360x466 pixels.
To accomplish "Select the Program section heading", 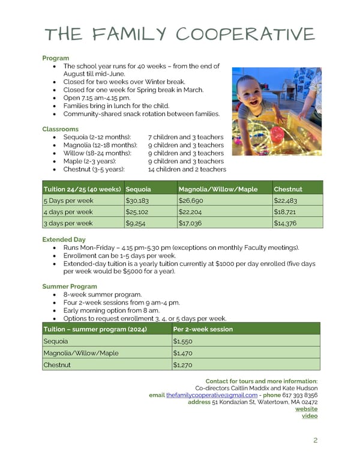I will click(x=55, y=58).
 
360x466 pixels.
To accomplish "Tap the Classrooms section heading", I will click(x=60, y=129).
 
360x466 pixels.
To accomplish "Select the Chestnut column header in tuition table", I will click(x=288, y=189).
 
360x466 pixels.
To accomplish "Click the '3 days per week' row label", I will click(x=68, y=223).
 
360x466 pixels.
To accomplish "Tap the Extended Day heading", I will click(x=64, y=240).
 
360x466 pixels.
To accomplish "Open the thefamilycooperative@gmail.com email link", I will click(x=212, y=395).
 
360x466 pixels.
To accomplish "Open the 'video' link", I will click(x=310, y=417).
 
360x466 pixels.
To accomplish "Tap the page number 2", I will click(x=316, y=441).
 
